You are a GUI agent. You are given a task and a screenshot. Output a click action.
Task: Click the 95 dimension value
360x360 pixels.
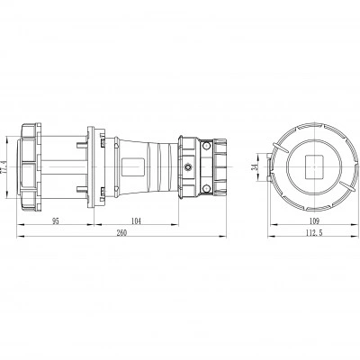coord(56,221)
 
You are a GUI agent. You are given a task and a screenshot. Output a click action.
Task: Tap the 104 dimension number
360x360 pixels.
coord(136,221)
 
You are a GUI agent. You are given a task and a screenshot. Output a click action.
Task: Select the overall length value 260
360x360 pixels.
coord(121,233)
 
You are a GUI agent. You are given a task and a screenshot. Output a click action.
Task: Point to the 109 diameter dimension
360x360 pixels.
coord(314,221)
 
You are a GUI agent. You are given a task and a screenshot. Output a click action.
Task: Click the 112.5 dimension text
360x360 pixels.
coord(314,233)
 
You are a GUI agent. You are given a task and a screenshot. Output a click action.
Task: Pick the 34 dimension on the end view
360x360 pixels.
coord(255,167)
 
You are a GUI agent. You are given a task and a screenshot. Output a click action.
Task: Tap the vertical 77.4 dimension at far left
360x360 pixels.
coord(4,166)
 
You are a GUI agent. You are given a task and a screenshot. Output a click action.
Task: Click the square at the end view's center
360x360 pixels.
coord(314,166)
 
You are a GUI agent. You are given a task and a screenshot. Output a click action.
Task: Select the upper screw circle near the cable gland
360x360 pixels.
coord(206,146)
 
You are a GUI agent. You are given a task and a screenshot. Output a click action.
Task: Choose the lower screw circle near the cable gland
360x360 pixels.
coord(206,188)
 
